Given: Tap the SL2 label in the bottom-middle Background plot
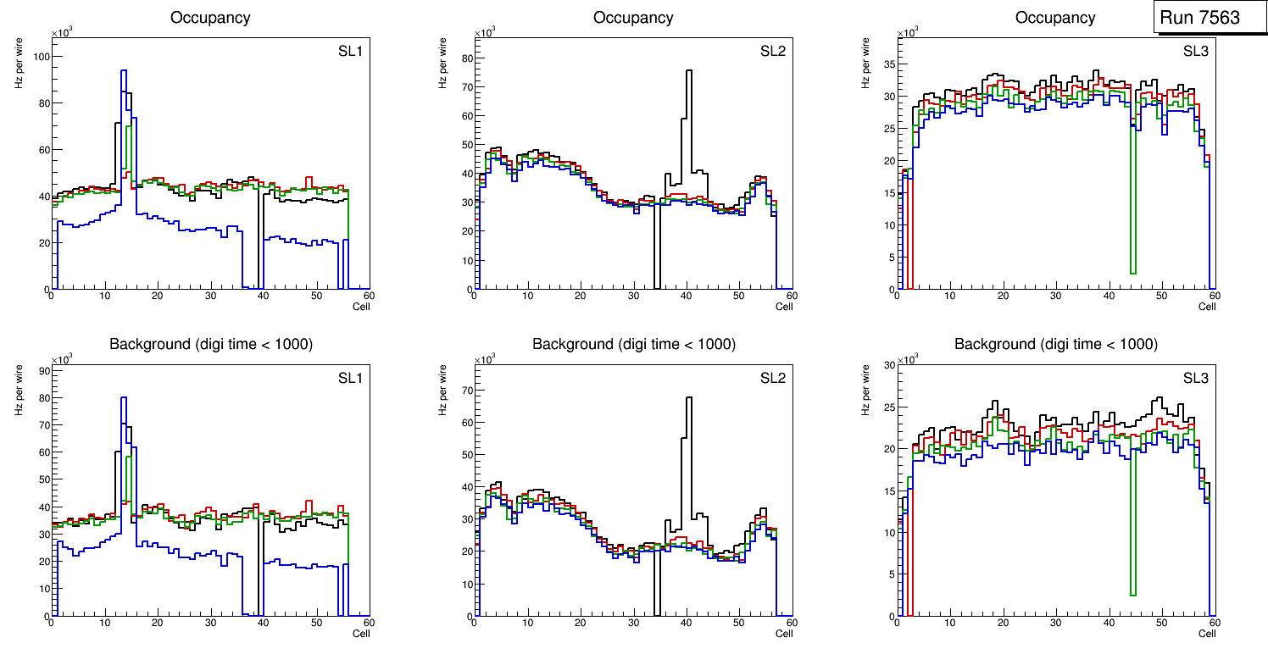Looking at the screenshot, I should [x=773, y=377].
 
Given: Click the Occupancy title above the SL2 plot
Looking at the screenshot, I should [x=633, y=18].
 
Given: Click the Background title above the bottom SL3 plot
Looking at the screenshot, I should [x=1055, y=344].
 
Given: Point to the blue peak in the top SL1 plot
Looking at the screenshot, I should [x=124, y=71].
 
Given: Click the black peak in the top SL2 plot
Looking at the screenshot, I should [x=688, y=71].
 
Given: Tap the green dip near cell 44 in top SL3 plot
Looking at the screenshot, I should [x=1132, y=272].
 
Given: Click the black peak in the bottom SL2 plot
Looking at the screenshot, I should [x=688, y=397].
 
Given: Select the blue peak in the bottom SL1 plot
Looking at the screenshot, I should [x=124, y=398].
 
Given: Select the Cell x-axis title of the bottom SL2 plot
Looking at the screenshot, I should [x=784, y=633].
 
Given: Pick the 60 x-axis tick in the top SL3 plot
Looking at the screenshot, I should [x=1214, y=296].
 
